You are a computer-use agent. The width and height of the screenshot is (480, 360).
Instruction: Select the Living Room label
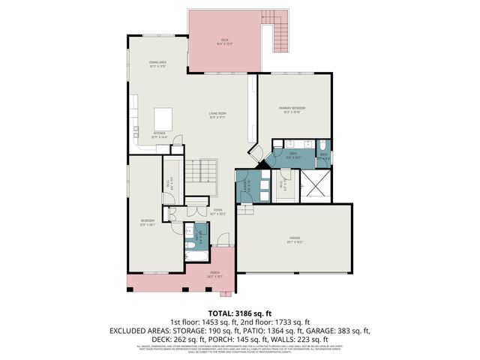[217, 115]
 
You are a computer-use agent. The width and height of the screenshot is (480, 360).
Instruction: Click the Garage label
[293, 241]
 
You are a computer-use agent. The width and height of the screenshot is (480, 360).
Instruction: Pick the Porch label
[214, 274]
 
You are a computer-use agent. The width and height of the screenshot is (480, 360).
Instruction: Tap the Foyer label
[217, 211]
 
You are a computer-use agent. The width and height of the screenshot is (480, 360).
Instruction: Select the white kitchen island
[164, 118]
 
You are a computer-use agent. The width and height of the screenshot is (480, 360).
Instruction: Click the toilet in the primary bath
[322, 145]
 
